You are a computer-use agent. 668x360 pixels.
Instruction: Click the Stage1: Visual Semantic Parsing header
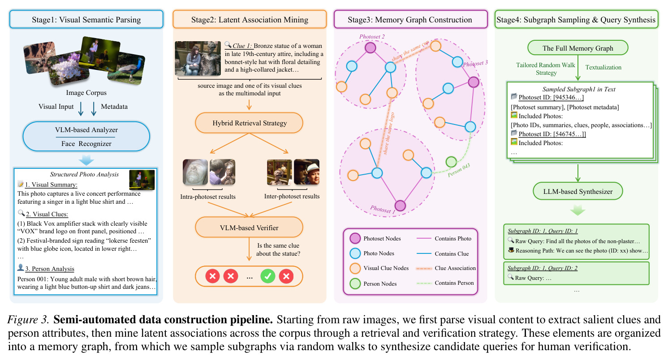pos(86,19)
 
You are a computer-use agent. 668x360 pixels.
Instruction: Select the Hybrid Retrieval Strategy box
pos(249,123)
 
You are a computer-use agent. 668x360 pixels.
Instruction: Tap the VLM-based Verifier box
pos(249,227)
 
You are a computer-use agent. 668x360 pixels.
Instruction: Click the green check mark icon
pos(268,276)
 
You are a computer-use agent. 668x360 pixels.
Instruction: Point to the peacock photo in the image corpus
pos(127,68)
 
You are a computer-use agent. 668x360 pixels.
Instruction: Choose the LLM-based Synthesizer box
pos(577,191)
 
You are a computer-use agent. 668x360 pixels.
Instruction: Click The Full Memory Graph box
pos(577,48)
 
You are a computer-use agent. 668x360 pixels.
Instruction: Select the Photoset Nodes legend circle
pos(355,238)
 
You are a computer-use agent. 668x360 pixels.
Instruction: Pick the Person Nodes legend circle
pos(355,283)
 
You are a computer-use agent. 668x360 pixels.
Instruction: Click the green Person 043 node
pos(451,162)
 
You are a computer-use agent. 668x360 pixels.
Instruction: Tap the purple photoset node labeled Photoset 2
pos(370,47)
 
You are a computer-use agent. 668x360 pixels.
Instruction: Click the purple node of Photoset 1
pos(400,206)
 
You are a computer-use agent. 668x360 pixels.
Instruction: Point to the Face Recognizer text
pos(86,144)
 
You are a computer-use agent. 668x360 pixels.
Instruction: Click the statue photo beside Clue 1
pos(198,58)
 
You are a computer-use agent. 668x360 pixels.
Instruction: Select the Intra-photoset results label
pos(208,197)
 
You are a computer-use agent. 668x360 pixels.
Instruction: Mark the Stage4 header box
pos(576,19)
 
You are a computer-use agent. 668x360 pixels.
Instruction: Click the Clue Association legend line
pos(424,269)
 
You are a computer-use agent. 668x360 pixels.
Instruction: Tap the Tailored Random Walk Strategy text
pos(546,69)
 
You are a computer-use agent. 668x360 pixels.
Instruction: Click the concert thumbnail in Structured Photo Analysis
pos(142,180)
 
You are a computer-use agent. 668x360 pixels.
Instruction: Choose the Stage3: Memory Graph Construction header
pos(410,19)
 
